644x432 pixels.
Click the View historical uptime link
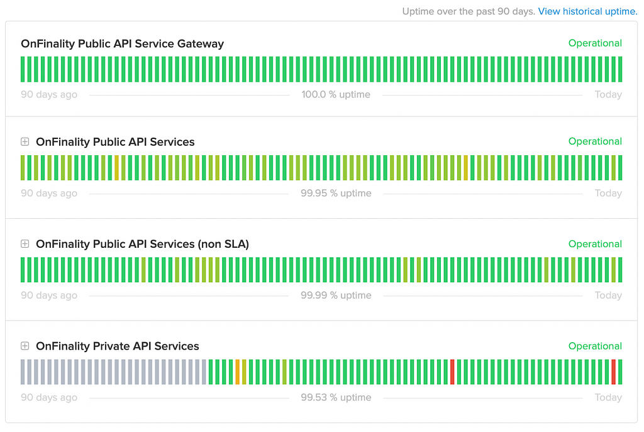click(x=588, y=11)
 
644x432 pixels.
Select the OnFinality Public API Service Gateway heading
click(x=123, y=43)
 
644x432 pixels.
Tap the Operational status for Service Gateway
click(x=595, y=43)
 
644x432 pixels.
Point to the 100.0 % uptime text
click(x=336, y=94)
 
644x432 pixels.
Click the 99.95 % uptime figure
click(x=336, y=193)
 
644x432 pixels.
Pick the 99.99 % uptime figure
click(x=336, y=296)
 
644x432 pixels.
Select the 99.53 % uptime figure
click(x=336, y=397)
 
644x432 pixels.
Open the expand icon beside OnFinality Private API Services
click(x=25, y=346)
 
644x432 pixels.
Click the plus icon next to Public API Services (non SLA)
click(x=25, y=244)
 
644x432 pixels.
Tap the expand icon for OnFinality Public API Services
click(x=25, y=141)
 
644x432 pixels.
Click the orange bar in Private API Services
click(x=237, y=372)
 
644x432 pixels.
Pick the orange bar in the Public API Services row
click(x=466, y=167)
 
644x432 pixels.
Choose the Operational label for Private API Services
click(x=595, y=346)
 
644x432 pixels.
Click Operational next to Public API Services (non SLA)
click(x=595, y=244)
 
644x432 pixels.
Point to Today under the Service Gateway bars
click(x=608, y=94)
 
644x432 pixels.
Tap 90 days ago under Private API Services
click(x=49, y=397)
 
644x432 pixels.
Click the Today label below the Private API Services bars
click(x=608, y=397)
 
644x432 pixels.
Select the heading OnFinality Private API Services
click(x=118, y=346)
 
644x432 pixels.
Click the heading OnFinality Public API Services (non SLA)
click(x=143, y=244)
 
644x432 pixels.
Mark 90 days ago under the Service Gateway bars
click(x=49, y=94)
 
